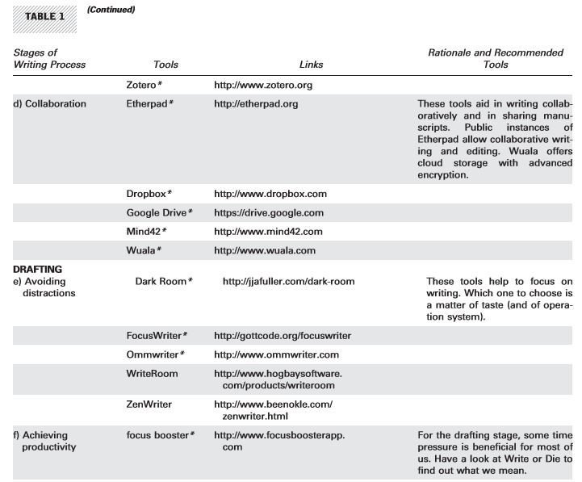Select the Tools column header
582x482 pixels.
pyautogui.click(x=165, y=65)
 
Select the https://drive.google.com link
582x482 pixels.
pyautogui.click(x=269, y=213)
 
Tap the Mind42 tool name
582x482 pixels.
pyautogui.click(x=146, y=232)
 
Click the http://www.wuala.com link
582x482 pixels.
pyautogui.click(x=265, y=251)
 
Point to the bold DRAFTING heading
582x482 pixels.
pyautogui.click(x=38, y=269)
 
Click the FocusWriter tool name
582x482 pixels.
pyautogui.click(x=157, y=336)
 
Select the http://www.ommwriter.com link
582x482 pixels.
pyautogui.click(x=276, y=354)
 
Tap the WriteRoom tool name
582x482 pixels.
pyautogui.click(x=152, y=374)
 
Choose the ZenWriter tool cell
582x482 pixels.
pyautogui.click(x=149, y=404)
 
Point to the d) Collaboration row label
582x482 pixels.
pyautogui.click(x=49, y=104)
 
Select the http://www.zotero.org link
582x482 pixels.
pyautogui.click(x=263, y=84)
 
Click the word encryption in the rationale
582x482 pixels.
pyautogui.click(x=442, y=174)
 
